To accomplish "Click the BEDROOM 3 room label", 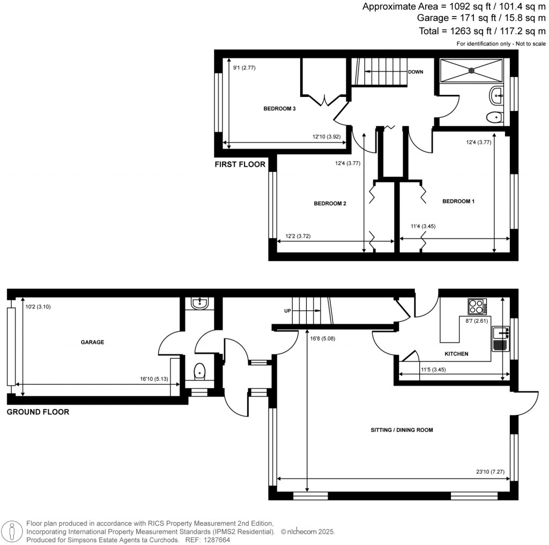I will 279,109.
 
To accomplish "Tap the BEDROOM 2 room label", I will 330,203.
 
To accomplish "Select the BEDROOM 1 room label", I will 458,201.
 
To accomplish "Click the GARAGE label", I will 92,342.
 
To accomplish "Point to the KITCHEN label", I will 456,354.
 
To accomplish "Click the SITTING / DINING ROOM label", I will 402,430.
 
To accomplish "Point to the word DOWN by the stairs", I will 416,72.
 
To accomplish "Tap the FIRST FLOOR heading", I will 240,164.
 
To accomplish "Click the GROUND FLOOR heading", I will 38,412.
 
